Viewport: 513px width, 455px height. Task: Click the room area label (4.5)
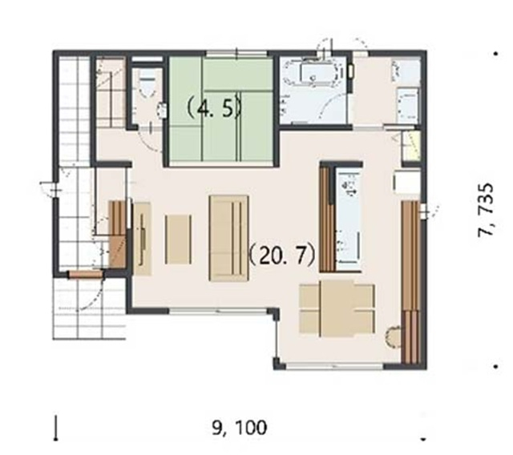coord(214,108)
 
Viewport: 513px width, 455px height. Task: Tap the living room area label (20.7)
coord(282,256)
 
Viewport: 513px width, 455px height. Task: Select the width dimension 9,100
coord(240,428)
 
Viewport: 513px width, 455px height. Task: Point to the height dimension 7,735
coord(486,210)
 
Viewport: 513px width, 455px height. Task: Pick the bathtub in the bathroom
coord(317,73)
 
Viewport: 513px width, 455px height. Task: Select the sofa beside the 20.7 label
coord(228,238)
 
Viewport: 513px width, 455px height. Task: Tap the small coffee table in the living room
coord(178,240)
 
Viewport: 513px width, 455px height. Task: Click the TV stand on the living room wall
coord(142,239)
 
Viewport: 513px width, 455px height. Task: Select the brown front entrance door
coord(86,275)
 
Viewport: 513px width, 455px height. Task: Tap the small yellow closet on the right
coord(411,146)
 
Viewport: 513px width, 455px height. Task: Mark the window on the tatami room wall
coord(237,53)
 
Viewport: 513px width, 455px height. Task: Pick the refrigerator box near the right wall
coord(406,181)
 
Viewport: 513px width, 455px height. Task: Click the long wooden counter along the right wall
coord(410,282)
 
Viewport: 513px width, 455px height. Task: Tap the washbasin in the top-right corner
coord(408,105)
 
